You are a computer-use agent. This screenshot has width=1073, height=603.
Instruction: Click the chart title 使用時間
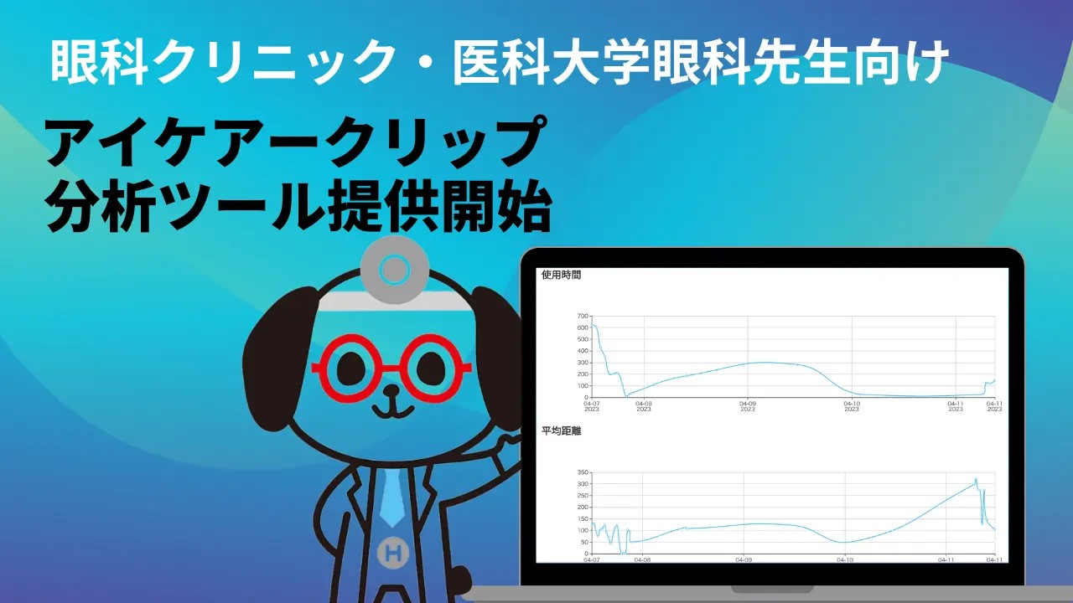point(561,276)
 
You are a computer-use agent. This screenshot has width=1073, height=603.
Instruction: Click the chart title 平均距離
point(561,431)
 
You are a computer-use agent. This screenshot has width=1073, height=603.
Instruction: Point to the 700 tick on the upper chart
point(583,316)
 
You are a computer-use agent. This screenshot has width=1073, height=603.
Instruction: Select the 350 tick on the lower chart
point(583,472)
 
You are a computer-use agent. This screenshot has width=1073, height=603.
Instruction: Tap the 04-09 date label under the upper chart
point(747,406)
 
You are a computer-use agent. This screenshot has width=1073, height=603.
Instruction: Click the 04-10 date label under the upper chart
point(851,406)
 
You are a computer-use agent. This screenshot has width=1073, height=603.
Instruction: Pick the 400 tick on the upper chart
point(583,351)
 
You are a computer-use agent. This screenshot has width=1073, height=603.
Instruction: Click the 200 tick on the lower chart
point(583,508)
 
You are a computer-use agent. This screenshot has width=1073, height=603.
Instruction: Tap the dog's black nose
point(391,390)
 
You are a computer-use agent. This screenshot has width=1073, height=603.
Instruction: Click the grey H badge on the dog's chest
point(393,553)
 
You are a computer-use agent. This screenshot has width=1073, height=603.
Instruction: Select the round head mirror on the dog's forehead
point(394,270)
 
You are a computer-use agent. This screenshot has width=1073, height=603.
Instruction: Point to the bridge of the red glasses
point(391,368)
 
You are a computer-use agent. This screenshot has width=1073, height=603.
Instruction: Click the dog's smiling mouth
point(393,410)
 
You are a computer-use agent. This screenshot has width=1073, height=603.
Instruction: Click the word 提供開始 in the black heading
point(438,206)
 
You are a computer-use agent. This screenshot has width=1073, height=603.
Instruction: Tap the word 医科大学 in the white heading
point(551,62)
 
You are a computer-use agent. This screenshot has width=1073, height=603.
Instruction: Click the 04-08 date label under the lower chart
point(642,559)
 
